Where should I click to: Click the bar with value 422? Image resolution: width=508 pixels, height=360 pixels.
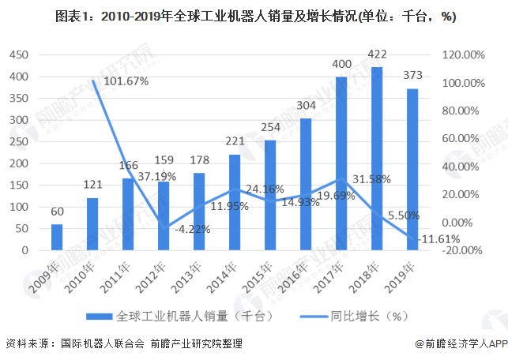tap(377, 159)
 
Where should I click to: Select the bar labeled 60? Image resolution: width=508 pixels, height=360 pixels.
tap(57, 237)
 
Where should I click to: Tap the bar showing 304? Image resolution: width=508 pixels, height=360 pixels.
tap(306, 184)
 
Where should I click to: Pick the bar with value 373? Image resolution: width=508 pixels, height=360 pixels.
tap(412, 169)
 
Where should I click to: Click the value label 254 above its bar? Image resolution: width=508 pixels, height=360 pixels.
tap(270, 128)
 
